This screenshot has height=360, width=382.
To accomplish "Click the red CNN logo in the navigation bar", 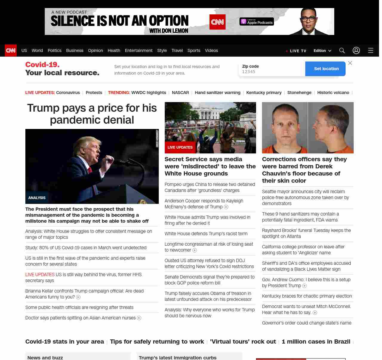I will coord(11,50).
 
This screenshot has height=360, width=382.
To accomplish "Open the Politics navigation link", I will coord(54,50).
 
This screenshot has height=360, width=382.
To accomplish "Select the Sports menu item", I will coord(194,50).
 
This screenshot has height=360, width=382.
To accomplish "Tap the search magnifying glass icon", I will coord(342,50).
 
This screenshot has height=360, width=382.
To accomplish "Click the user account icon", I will coord(356,50).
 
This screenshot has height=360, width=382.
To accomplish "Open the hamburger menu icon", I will coord(371,50).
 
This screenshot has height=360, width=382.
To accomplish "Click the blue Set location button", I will coord(326,69).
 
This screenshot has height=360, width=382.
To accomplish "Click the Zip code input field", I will coord(272,72).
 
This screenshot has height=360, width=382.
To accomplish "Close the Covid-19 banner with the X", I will coord(350,63).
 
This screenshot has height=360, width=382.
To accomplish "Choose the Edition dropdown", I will coord(322,51).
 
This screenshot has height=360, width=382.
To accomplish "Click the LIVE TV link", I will coord(296,51).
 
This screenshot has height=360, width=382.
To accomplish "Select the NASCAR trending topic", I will coord(180,93).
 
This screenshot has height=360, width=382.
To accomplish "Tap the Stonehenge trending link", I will coord(299,93).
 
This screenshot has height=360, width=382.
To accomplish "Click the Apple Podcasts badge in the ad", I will coord(257,21).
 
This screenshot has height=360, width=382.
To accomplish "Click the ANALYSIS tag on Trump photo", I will coord(37,198).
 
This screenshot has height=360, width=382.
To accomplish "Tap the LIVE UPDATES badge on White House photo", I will coord(180,147).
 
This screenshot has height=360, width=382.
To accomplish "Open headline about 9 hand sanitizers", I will coord(300,217).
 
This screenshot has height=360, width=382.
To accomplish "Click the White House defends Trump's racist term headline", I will coord(206,233).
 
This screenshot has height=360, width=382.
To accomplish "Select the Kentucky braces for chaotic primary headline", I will coord(307,296).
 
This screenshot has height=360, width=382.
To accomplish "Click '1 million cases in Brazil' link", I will coord(316,341).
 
